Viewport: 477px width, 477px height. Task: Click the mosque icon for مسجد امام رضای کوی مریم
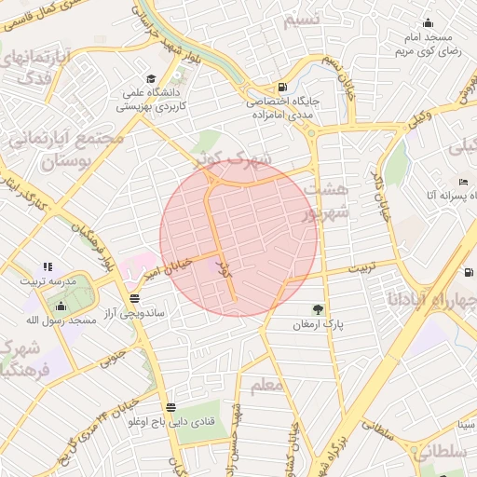point(429,22)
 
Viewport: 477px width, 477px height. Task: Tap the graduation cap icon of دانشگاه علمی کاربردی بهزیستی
point(151,79)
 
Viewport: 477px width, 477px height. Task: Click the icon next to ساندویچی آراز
point(136,299)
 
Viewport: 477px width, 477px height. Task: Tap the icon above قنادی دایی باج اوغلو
point(170,407)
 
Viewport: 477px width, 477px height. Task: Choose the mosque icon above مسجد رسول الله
point(61,306)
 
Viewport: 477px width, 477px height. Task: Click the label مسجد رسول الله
point(62,320)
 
